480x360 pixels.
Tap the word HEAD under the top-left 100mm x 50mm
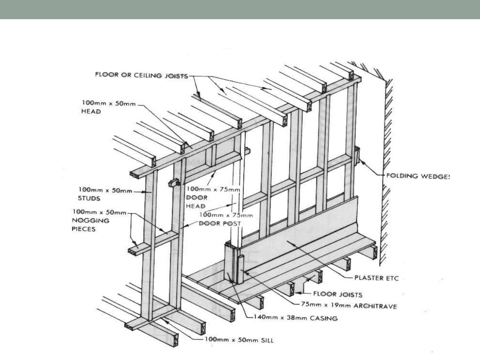[91, 112]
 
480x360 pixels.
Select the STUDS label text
[90, 198]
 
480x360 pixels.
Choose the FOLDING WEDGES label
[417, 176]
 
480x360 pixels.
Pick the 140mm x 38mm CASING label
[295, 317]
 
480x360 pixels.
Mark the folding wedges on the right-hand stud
[357, 156]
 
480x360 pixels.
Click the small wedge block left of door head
[172, 183]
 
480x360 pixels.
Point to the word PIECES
[87, 229]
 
